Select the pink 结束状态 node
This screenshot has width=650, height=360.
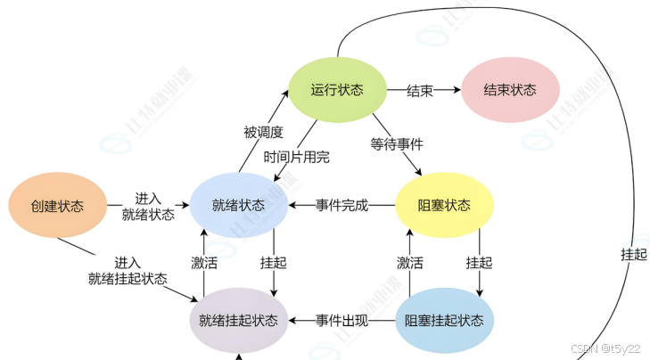[x=510, y=91]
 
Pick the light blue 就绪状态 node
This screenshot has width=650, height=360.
[x=239, y=206]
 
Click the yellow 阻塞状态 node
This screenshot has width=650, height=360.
[x=444, y=206]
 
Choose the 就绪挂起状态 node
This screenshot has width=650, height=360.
[x=239, y=320]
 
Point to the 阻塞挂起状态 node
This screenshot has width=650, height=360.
[x=444, y=320]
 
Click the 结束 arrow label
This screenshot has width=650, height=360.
[x=420, y=91]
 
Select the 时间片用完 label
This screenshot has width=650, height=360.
[x=296, y=157]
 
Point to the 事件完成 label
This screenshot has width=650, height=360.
[x=341, y=206]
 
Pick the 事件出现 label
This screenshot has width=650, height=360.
[x=341, y=320]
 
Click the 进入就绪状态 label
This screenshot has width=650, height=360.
[x=149, y=206]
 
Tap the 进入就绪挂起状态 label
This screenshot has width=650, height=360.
[x=128, y=270]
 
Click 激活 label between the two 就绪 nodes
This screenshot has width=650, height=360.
[x=204, y=264]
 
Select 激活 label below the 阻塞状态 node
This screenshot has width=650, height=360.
[x=409, y=264]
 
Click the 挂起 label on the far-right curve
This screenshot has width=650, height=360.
[x=633, y=254]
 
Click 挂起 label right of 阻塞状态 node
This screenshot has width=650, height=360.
[x=479, y=264]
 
